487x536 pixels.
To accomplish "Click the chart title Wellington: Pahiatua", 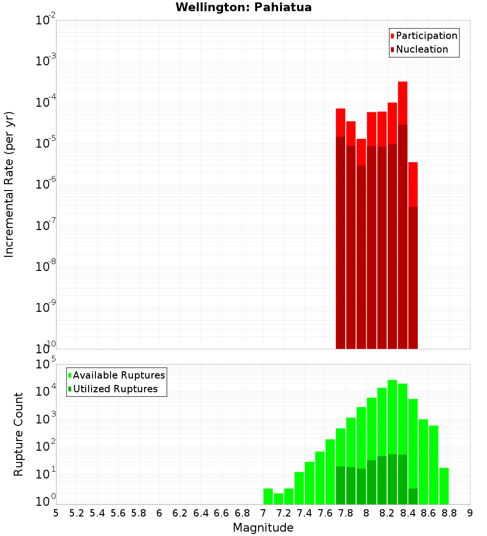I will pyautogui.click(x=243, y=7).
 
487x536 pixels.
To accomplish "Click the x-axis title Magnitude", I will pyautogui.click(x=263, y=528).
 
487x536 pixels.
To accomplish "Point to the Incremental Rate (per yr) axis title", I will pyautogui.click(x=9, y=184).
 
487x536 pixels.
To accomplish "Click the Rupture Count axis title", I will pyautogui.click(x=19, y=434).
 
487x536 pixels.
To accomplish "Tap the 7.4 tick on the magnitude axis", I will pyautogui.click(x=304, y=513).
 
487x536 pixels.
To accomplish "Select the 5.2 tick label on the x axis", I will pyautogui.click(x=76, y=513).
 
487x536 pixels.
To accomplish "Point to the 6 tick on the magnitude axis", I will pyautogui.click(x=159, y=513).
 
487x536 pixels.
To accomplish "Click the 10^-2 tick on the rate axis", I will pyautogui.click(x=45, y=20).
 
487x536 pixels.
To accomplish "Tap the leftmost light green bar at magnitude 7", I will pyautogui.click(x=268, y=496).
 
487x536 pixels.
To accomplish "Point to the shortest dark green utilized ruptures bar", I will pyautogui.click(x=413, y=496).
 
